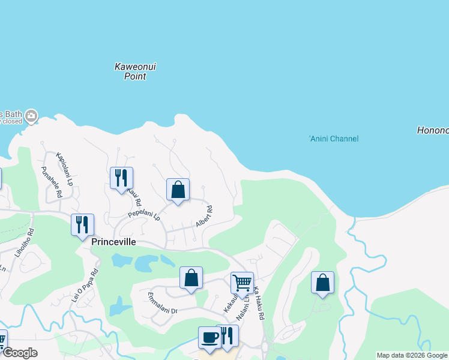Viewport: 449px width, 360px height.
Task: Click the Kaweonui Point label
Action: tap(135, 71)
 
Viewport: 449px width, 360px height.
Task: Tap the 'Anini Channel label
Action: tap(333, 139)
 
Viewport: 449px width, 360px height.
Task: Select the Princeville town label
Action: tap(114, 242)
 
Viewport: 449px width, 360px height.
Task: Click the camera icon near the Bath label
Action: tap(31, 115)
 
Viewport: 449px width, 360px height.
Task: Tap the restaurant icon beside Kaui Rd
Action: tap(121, 178)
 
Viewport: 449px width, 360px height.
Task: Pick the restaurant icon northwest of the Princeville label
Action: tap(82, 224)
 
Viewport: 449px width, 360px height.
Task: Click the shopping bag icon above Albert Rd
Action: tap(178, 190)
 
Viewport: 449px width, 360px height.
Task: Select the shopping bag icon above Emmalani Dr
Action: tap(191, 278)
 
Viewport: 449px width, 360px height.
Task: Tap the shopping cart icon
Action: tap(242, 282)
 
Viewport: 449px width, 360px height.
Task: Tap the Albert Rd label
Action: tap(205, 217)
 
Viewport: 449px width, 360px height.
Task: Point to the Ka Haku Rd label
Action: tap(259, 303)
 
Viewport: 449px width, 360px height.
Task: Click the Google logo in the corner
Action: tap(19, 353)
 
